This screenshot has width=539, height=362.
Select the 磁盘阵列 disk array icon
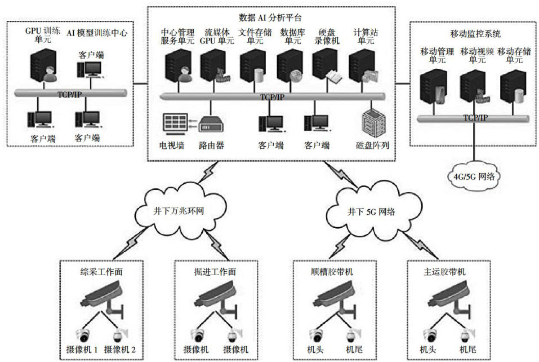tap(372, 122)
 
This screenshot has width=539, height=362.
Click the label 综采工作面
tap(102, 272)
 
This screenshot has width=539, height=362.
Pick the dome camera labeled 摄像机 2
tap(119, 335)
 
